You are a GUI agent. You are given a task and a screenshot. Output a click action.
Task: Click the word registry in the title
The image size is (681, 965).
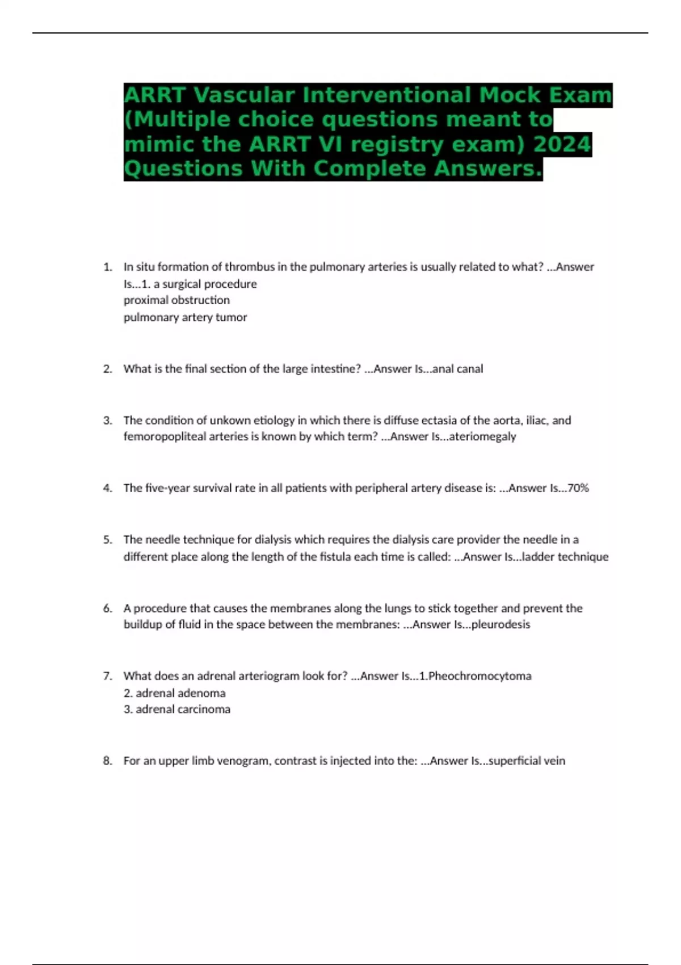396,144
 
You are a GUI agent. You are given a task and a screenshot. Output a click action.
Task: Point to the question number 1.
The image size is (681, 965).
107,267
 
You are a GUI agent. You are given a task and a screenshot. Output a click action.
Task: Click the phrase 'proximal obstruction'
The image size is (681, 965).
176,300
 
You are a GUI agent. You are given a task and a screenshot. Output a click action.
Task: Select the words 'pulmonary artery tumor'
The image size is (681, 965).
185,317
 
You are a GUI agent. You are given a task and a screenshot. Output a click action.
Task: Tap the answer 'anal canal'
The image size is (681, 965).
457,369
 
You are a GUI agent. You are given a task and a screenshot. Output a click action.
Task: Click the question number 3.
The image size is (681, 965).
107,421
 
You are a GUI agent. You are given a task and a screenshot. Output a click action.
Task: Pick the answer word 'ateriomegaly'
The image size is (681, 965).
482,437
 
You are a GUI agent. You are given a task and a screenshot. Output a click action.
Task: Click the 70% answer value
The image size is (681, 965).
578,488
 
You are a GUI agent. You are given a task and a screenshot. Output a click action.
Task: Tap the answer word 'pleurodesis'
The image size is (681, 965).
501,624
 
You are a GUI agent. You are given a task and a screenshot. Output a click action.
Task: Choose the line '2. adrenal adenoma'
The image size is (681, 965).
174,693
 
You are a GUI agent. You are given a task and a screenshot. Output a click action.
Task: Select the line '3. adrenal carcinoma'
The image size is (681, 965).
176,710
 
